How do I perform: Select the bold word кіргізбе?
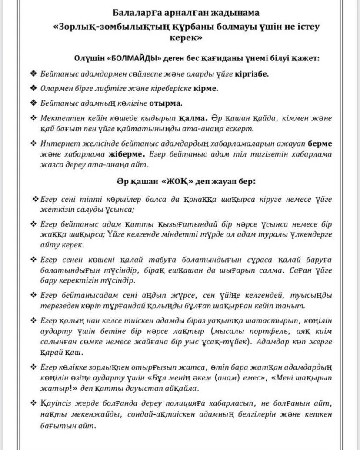[x=252, y=73]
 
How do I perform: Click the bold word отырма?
[x=166, y=103]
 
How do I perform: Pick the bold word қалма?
[x=194, y=118]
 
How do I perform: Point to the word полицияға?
[x=210, y=403]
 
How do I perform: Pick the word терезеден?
[x=59, y=306]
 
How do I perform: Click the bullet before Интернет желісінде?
[x=33, y=143]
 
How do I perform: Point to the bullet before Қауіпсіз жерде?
[x=33, y=403]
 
